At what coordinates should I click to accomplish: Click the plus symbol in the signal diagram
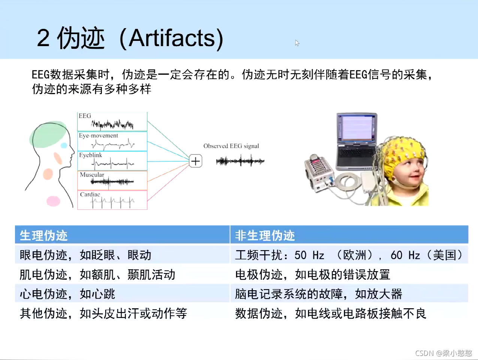point(196,161)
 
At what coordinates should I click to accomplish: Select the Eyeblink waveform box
point(112,161)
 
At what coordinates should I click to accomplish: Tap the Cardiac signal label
point(90,194)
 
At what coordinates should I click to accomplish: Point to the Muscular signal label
point(92,175)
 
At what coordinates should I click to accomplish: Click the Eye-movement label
point(98,135)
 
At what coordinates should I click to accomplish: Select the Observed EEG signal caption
point(231,146)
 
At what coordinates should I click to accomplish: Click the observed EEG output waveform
point(240,161)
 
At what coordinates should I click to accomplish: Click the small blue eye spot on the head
point(64,145)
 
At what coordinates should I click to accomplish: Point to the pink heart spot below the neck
point(53,201)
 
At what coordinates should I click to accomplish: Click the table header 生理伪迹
point(43,235)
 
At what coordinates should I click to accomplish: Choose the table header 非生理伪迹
point(265,235)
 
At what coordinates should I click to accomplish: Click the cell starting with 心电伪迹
point(67,294)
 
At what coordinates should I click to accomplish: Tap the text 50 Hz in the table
point(309,255)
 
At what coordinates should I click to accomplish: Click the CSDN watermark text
point(444,353)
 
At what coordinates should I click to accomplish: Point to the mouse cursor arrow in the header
point(297,43)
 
